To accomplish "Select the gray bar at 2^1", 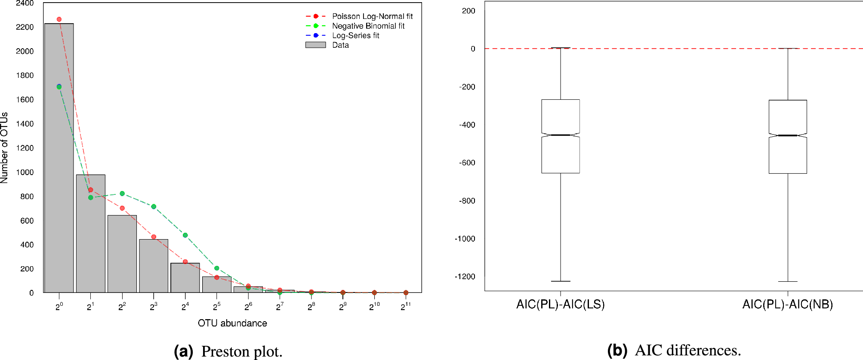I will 90,234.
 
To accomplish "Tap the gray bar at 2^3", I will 154,267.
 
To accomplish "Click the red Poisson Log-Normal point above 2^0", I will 59,19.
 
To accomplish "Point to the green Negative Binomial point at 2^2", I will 122,194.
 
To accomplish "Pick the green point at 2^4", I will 185,235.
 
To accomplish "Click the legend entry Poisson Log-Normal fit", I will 372,16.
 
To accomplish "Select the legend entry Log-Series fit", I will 355,36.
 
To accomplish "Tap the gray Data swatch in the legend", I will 315,45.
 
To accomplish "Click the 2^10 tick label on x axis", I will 374,307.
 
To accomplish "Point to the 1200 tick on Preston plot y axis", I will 25,148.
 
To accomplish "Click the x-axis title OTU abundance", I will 232,323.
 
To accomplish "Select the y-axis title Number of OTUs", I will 5,148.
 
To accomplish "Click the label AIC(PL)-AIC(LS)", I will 560,305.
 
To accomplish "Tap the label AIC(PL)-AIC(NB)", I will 787,305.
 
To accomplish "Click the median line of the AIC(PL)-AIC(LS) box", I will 560,135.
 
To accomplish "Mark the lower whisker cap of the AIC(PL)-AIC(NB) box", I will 787,281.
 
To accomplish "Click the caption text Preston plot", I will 241,351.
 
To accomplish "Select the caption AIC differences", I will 687,350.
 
